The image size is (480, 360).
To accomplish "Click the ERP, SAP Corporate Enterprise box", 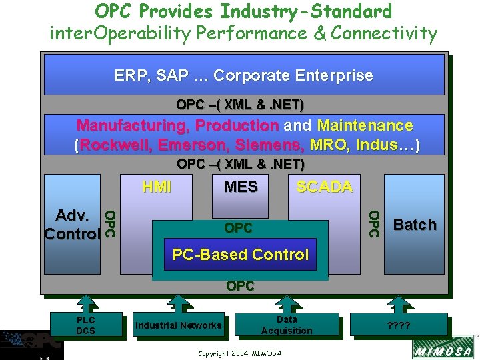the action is coord(244,75).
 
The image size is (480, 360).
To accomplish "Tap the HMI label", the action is coord(157,187).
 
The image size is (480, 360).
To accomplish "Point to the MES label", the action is coord(241,187).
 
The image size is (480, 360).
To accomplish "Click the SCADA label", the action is coord(324,187).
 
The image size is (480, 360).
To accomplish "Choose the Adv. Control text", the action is coord(72,225).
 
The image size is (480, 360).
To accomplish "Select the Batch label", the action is coord(415,225).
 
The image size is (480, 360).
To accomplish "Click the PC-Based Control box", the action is coord(240,255).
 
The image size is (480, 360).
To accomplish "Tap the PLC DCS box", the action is coord(86,325).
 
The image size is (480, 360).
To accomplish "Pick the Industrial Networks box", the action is coord(178,325).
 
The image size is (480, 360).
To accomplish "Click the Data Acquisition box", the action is coord(287,325).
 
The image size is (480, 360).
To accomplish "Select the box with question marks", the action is coord(399,326).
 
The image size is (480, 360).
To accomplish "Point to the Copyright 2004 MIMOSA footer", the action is coord(240,353).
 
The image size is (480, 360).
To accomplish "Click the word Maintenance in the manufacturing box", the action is coord(365,125).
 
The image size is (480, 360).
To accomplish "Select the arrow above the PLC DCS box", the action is coord(86,303).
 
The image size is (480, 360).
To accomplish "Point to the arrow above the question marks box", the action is coord(399,303).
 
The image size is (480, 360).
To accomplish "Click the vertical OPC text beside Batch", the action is coord(374,223).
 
